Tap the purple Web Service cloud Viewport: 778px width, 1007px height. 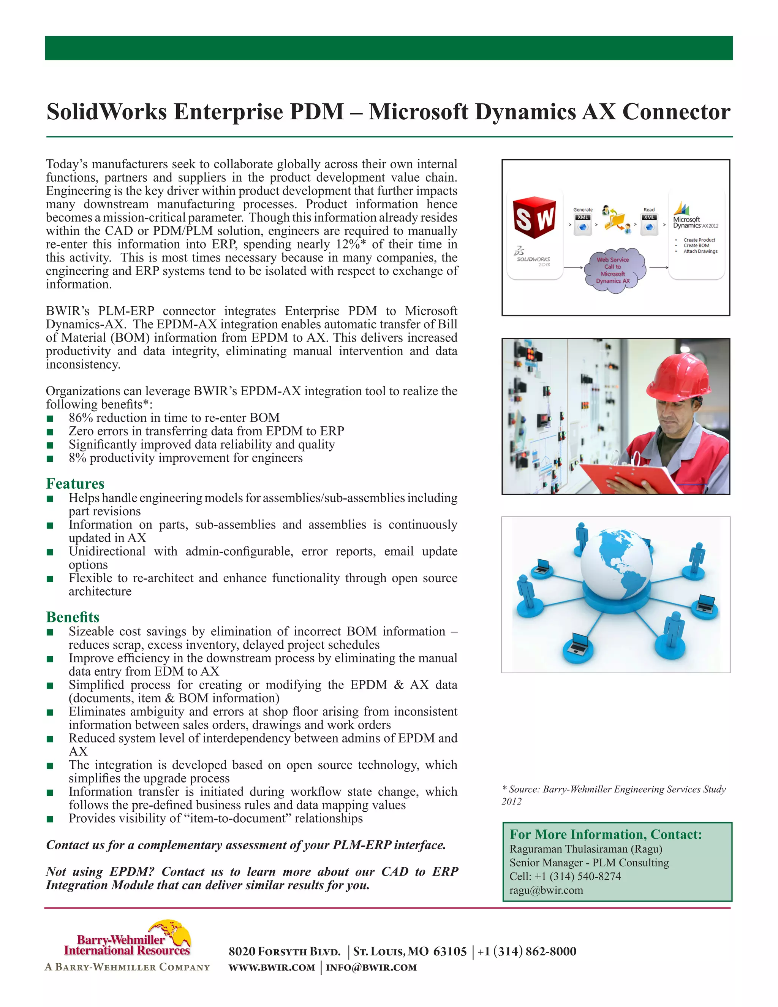613,270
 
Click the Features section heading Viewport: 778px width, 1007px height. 75,484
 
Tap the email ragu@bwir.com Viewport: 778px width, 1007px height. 546,890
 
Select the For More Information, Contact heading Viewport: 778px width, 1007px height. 606,834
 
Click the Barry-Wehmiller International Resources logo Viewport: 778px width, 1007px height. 127,944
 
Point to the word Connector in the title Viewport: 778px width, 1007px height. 676,112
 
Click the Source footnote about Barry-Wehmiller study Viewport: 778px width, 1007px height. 614,795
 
